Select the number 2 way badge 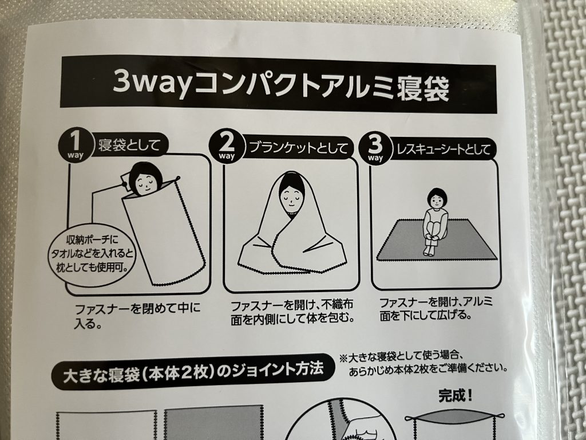point(226,147)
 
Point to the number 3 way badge point(375,148)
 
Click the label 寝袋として point(129,145)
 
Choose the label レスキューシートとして point(444,150)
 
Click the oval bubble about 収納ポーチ point(92,254)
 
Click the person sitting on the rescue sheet point(435,221)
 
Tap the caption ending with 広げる point(435,308)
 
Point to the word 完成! point(455,395)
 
